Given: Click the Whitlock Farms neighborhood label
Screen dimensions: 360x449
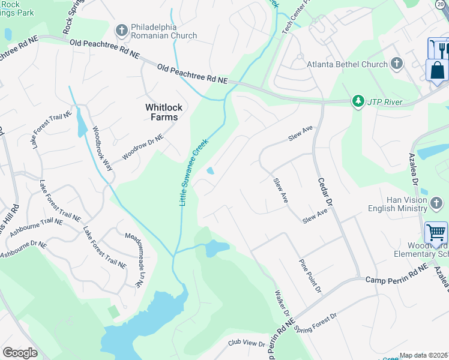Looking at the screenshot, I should pos(161,112).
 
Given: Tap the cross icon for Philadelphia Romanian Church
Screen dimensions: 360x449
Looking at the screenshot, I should pos(121,30).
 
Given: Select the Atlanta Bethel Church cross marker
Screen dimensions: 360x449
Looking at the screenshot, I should pos(396,64).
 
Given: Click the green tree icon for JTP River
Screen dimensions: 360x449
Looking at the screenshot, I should pos(358,101).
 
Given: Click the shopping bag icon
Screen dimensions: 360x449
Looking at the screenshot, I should pos(437,70).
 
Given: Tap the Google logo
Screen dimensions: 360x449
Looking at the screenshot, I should pos(20,352).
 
